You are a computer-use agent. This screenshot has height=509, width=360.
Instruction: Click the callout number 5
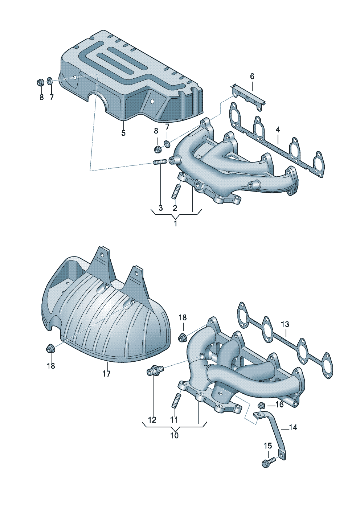point(123,133)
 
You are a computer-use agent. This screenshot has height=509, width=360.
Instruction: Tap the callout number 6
point(252,76)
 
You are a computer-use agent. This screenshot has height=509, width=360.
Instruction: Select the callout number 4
point(278,130)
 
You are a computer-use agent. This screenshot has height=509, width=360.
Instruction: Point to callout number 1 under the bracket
point(175,223)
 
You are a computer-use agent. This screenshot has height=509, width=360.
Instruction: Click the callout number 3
point(161,208)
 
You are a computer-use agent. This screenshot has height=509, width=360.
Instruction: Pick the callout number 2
point(175,208)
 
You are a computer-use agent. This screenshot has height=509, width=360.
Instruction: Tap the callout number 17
point(106,374)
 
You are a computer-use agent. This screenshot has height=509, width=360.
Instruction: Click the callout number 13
point(285,324)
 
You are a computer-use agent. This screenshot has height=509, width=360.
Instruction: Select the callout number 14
point(293,428)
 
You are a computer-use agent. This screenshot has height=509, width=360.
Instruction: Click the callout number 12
point(152,420)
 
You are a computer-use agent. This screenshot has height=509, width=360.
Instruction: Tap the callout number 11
point(174,420)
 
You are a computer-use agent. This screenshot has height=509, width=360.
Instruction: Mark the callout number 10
point(175,436)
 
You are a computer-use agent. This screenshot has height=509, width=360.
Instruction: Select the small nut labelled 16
point(261,405)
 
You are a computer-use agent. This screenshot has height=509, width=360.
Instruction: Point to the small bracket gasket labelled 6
point(248,97)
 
